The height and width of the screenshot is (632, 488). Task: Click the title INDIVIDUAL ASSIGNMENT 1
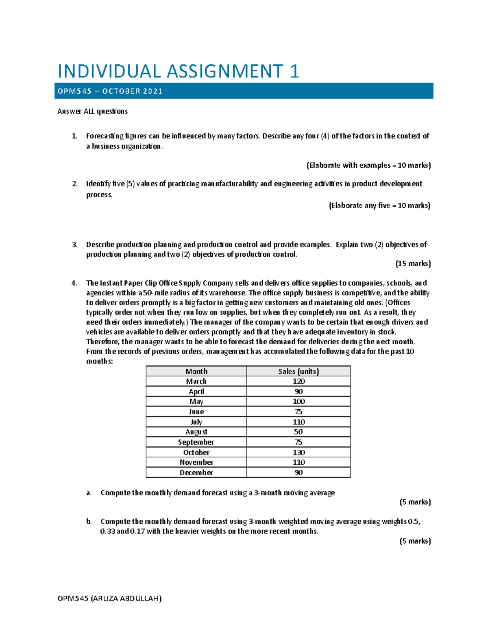[178, 72]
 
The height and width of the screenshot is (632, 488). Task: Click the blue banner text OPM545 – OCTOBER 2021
[110, 91]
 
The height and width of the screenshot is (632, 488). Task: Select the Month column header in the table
[196, 371]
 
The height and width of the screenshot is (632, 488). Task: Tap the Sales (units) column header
[298, 371]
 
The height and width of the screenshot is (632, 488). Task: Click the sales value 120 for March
[298, 381]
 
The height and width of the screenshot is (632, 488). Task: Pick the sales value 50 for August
[298, 432]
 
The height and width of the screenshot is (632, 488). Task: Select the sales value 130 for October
[298, 452]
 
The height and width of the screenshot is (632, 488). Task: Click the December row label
[196, 472]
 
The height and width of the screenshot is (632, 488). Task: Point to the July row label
[196, 422]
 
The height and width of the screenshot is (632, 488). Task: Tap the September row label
[196, 442]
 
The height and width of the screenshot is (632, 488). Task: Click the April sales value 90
[298, 391]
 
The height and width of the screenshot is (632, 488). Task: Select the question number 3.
[74, 245]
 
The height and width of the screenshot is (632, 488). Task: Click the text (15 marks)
[413, 264]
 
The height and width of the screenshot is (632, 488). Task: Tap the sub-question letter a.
[89, 493]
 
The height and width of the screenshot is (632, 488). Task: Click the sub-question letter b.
[89, 521]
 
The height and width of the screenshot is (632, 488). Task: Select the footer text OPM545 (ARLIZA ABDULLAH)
[110, 598]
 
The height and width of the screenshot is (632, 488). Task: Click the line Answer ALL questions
[92, 111]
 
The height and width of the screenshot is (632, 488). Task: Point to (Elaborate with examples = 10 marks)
[368, 165]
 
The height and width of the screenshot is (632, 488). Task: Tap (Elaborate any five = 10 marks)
[379, 206]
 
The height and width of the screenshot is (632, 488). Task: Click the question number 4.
[74, 283]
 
